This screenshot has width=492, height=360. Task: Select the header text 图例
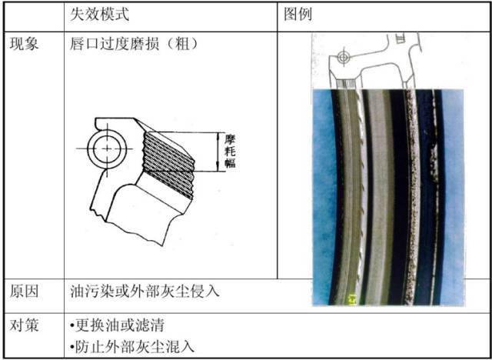tap(298, 15)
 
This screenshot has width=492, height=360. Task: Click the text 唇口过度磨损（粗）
tap(135, 45)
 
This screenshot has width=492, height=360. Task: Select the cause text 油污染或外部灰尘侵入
tap(145, 292)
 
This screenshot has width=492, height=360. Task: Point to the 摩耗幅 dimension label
tap(230, 152)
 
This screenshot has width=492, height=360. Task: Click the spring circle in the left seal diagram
tap(105, 146)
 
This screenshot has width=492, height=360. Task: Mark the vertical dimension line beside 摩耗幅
tap(221, 152)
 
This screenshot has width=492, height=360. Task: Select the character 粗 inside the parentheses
tap(184, 45)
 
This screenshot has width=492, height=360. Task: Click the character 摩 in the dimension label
tap(230, 139)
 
